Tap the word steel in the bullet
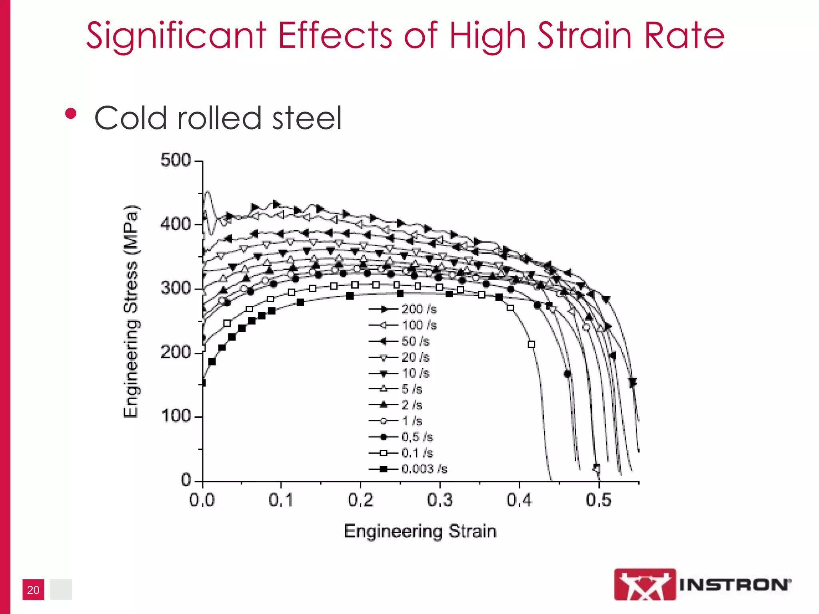[307, 118]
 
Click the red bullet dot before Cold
[71, 114]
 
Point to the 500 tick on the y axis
[176, 160]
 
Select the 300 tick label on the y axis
[176, 288]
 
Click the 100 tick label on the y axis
[176, 416]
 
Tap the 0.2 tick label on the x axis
[360, 500]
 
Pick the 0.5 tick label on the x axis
[599, 500]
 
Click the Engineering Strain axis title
[420, 531]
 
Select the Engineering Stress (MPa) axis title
[130, 312]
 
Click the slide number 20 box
[33, 590]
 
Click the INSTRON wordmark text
[735, 585]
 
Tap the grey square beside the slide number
[61, 590]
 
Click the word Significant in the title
[176, 36]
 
